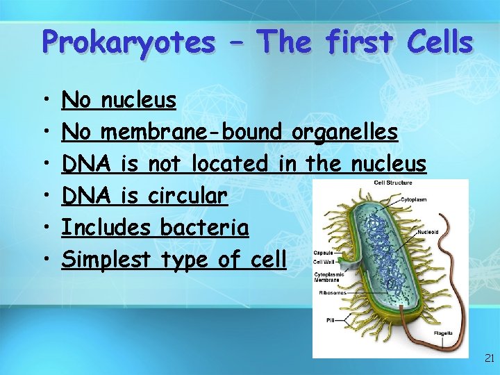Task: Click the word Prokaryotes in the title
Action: pyautogui.click(x=128, y=42)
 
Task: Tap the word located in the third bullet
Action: pyautogui.click(x=229, y=165)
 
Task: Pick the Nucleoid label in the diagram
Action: pyautogui.click(x=427, y=232)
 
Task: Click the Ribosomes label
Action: pyautogui.click(x=331, y=292)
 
